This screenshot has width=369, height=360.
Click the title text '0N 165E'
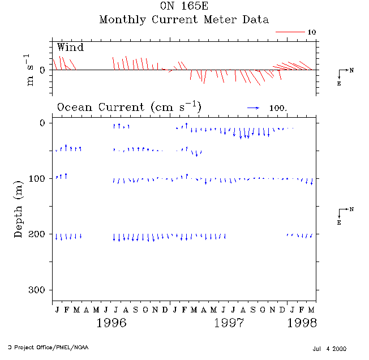click(x=183, y=7)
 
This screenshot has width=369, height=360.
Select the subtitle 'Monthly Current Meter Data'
click(x=184, y=20)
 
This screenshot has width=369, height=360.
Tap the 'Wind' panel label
click(x=70, y=47)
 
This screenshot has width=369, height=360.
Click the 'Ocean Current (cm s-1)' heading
click(x=129, y=107)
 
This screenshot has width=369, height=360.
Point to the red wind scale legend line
click(x=290, y=32)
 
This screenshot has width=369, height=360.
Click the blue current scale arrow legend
click(x=253, y=107)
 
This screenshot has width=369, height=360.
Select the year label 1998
click(x=301, y=323)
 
